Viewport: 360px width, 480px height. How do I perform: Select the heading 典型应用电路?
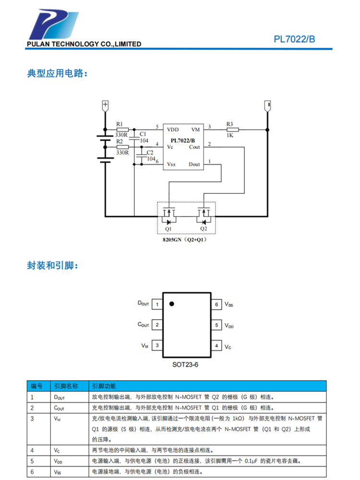57,74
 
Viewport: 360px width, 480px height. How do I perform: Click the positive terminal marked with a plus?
105,104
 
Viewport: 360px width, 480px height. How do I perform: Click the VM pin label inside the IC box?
195,130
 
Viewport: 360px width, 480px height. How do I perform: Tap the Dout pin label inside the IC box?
194,164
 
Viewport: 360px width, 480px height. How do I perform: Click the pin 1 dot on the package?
171,303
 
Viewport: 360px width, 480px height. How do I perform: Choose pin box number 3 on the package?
157,346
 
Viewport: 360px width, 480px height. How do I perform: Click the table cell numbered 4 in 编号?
32,450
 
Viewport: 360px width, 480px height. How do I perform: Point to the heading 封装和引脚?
53,265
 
